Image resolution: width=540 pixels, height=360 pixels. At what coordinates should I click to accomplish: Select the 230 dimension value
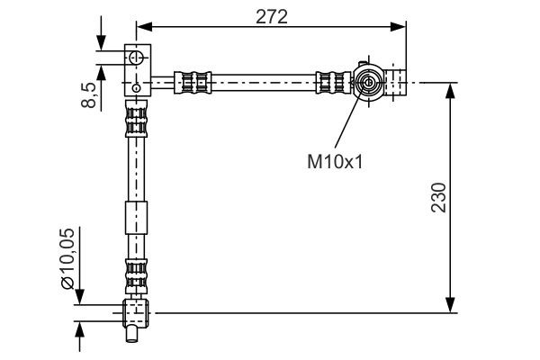coord(438,196)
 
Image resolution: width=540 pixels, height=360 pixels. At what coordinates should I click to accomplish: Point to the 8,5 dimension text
coord(89,93)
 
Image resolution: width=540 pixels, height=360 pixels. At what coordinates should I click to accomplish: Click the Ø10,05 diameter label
coord(67,256)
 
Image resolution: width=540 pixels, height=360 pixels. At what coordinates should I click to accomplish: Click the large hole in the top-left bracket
coord(137,58)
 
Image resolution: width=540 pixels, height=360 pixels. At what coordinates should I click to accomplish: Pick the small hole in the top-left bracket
coord(136,87)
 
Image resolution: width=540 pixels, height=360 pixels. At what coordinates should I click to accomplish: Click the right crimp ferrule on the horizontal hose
coord(330,83)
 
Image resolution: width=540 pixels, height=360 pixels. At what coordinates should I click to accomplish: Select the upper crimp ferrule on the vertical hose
coord(135,121)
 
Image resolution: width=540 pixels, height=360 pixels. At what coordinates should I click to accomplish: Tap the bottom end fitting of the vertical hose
coord(135,312)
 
